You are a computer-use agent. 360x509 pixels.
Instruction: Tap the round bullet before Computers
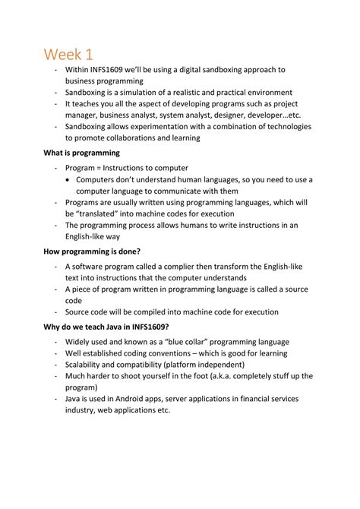coord(69,179)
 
